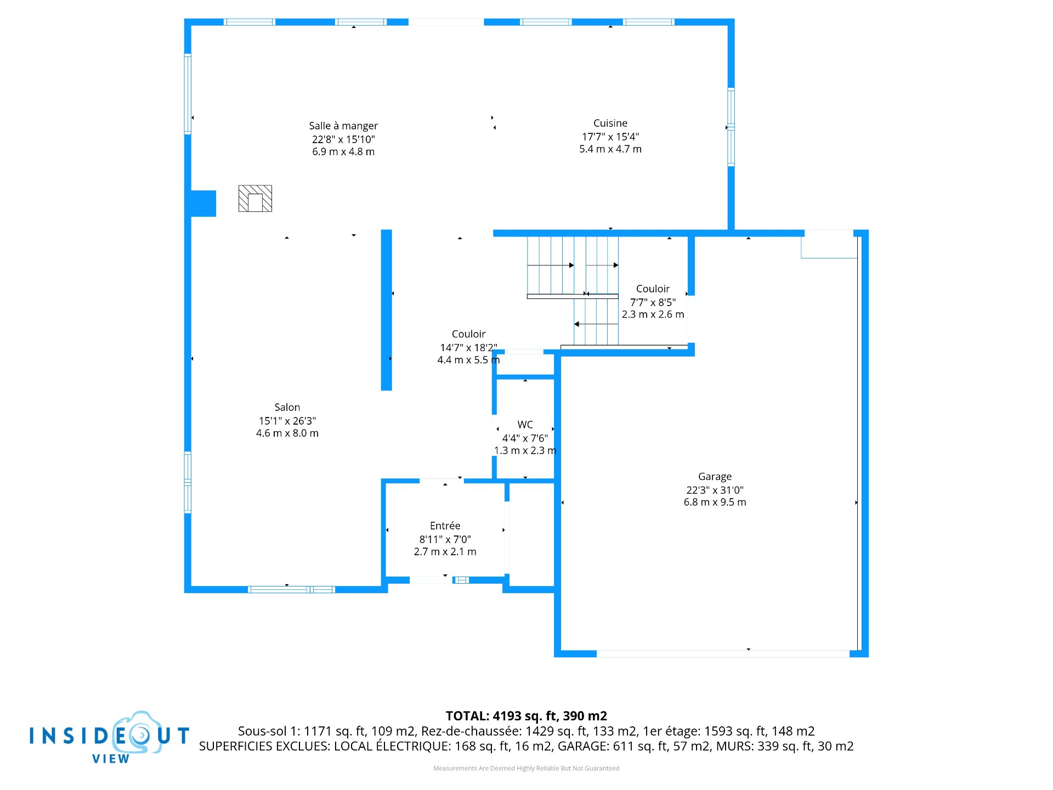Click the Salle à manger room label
click(343, 126)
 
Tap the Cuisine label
click(610, 123)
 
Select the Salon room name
click(287, 408)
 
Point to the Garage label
click(715, 477)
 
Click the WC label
click(525, 425)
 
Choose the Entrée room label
click(445, 526)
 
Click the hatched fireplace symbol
click(255, 198)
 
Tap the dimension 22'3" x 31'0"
click(715, 490)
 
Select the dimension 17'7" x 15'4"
click(610, 137)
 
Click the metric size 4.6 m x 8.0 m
click(287, 433)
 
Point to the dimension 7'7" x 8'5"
click(653, 302)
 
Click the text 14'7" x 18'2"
click(468, 348)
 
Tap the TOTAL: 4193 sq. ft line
click(526, 716)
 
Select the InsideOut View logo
click(110, 738)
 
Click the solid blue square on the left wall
click(203, 204)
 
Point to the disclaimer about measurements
click(526, 769)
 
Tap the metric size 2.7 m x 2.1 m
click(445, 552)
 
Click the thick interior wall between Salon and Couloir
click(387, 310)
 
